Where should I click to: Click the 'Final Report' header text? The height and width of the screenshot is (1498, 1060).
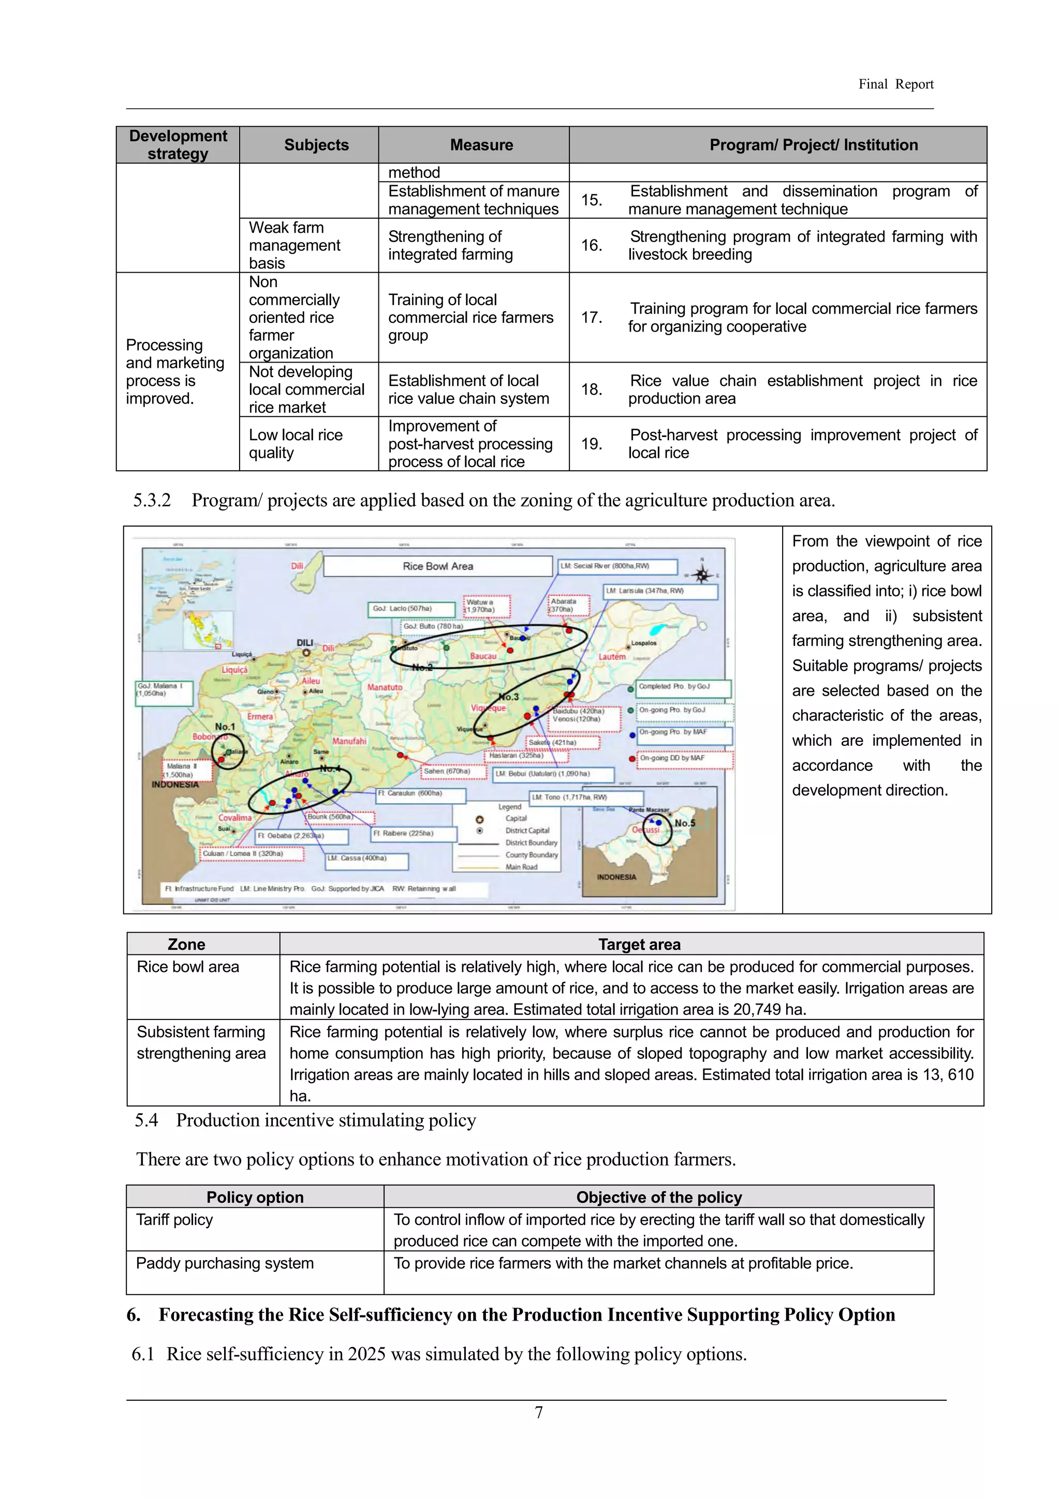tap(895, 84)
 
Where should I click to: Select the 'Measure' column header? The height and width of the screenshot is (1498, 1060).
tap(481, 145)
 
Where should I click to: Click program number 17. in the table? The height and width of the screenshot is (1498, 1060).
tap(592, 318)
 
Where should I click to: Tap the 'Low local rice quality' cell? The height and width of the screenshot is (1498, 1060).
tap(296, 444)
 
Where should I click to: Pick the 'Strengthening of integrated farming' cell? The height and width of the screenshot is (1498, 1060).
tap(450, 245)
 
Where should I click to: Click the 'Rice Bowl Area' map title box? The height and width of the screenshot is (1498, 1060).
tap(437, 566)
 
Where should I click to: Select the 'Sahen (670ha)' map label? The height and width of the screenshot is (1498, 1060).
tap(453, 771)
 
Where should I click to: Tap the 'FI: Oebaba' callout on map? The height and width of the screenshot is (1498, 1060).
tap(301, 836)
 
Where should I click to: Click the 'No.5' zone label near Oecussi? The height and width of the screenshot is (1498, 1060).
tap(685, 823)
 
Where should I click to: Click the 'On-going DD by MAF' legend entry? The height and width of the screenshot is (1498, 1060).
tap(683, 759)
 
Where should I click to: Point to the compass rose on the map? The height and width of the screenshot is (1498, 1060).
tap(702, 575)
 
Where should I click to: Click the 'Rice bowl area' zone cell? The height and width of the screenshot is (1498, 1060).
tap(188, 967)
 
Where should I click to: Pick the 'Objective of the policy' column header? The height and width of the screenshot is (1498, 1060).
tap(658, 1197)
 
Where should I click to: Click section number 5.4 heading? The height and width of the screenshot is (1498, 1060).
tap(146, 1120)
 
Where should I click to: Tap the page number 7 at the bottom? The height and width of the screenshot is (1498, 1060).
tap(538, 1413)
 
